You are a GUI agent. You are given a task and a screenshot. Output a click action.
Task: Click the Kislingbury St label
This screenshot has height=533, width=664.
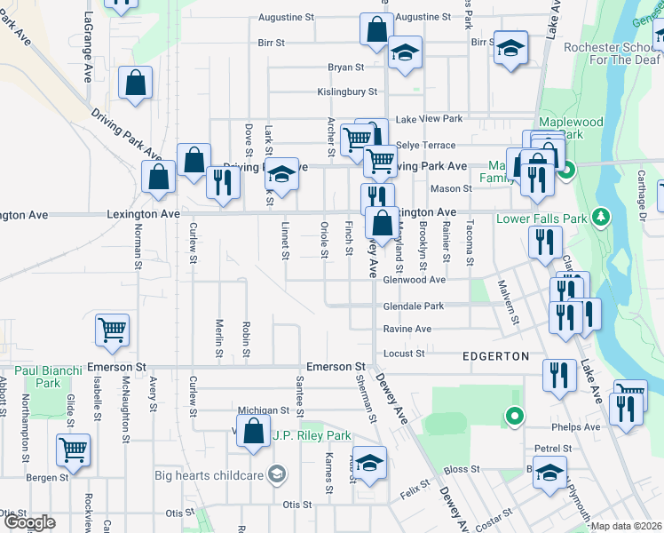click(347, 91)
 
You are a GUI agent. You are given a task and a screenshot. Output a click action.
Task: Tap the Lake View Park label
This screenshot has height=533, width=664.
click(430, 119)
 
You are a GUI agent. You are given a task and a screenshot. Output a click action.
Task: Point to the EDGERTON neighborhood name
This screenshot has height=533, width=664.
click(495, 355)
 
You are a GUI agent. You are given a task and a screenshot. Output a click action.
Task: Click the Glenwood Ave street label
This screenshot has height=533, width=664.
click(414, 280)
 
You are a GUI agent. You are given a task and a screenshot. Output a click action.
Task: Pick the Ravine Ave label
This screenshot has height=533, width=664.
click(407, 329)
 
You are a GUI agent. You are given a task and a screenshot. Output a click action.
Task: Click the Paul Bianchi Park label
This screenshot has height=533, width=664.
click(49, 376)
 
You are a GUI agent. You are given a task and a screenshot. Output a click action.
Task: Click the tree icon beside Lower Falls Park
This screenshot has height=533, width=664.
click(601, 217)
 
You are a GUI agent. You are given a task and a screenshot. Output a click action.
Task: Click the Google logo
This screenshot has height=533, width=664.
click(29, 522)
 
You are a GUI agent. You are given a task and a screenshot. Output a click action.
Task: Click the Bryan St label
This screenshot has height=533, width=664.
click(346, 67)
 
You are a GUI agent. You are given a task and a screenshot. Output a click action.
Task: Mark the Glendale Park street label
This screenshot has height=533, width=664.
click(414, 305)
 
